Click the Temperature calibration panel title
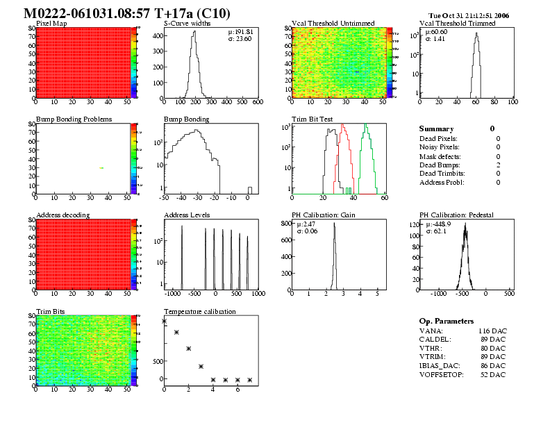(200, 311)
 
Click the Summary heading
(437, 128)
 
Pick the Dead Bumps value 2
(498, 165)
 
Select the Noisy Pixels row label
(440, 147)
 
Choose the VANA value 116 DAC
(492, 331)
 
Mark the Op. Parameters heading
(447, 321)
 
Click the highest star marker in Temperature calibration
(165, 322)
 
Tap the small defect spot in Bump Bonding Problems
(101, 168)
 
